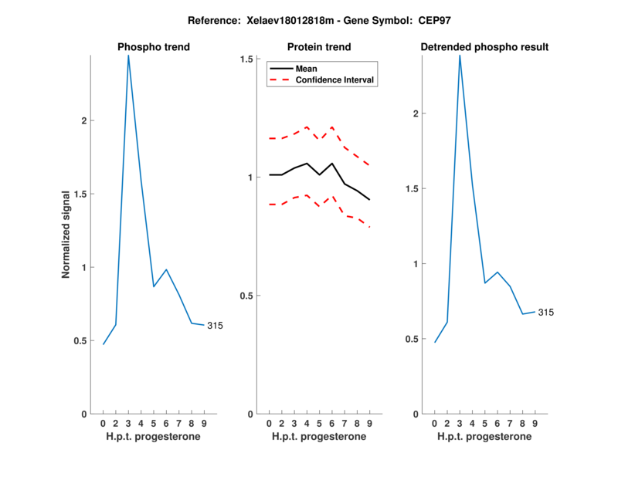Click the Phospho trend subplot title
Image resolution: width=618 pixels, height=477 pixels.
(153, 47)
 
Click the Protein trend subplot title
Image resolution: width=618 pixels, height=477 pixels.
(318, 47)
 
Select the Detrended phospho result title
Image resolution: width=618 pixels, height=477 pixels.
(484, 47)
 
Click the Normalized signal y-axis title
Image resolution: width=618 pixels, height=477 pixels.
(66, 234)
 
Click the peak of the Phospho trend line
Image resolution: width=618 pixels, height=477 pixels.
(128, 56)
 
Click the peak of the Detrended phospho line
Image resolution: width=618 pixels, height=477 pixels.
(460, 56)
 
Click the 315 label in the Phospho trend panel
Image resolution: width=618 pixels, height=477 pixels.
(215, 326)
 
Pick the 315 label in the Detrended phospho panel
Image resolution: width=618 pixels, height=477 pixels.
(546, 313)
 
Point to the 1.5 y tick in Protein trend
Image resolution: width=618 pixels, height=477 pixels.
(246, 59)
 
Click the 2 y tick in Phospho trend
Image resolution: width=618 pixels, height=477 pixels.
(84, 121)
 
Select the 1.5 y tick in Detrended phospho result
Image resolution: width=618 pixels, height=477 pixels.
(413, 189)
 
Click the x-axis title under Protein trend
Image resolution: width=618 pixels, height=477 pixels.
(318, 437)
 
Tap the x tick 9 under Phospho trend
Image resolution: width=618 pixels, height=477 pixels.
(204, 424)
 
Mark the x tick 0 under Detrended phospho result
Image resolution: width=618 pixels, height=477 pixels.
(435, 424)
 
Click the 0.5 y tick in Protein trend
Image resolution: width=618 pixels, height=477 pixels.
(246, 296)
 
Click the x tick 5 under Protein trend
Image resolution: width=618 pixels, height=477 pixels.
(319, 424)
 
